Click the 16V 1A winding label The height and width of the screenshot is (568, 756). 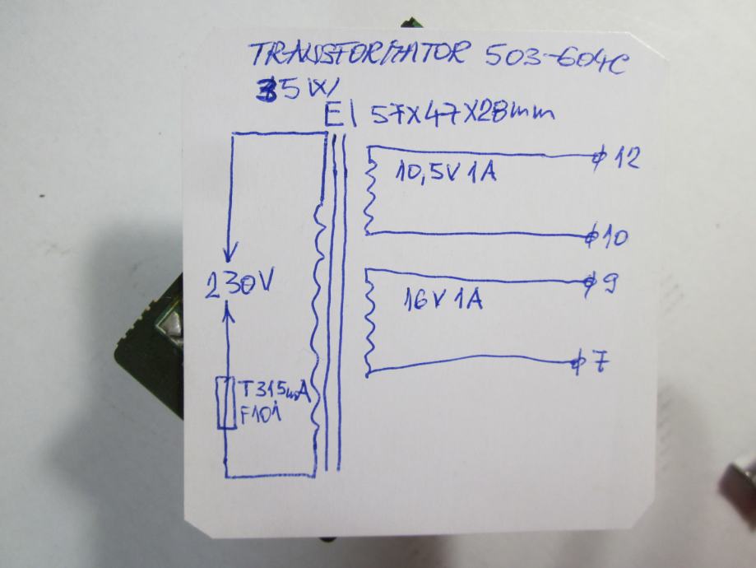tap(442, 300)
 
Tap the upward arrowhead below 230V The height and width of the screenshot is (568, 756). tap(230, 309)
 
